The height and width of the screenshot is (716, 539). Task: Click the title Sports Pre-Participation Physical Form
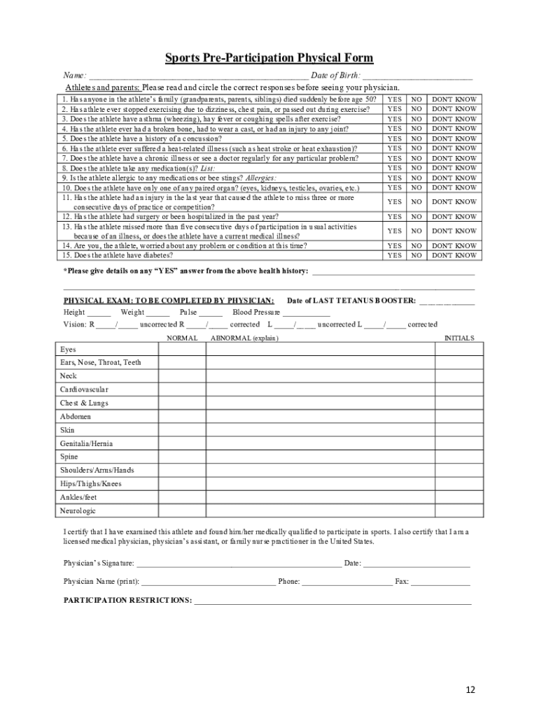[x=269, y=58]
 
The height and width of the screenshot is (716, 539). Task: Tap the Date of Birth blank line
[x=418, y=76]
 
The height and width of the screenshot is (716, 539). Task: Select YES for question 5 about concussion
[x=395, y=138]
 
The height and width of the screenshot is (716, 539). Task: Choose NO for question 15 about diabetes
[x=416, y=256]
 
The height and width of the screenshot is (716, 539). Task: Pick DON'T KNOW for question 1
[x=454, y=99]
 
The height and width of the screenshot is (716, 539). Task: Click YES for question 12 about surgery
[x=395, y=217]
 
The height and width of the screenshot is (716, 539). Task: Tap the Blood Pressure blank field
[x=307, y=313]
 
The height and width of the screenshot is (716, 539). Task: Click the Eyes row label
[x=68, y=350]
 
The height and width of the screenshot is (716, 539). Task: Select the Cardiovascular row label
[x=84, y=389]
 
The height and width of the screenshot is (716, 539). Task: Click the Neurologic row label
[x=78, y=511]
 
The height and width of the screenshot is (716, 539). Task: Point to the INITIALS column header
[x=459, y=338]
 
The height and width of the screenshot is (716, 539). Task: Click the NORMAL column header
[x=181, y=338]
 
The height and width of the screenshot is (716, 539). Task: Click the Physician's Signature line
[x=239, y=563]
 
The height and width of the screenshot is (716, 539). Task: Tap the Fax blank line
[x=440, y=582]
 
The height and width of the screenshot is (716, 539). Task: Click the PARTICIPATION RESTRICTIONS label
[x=127, y=601]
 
